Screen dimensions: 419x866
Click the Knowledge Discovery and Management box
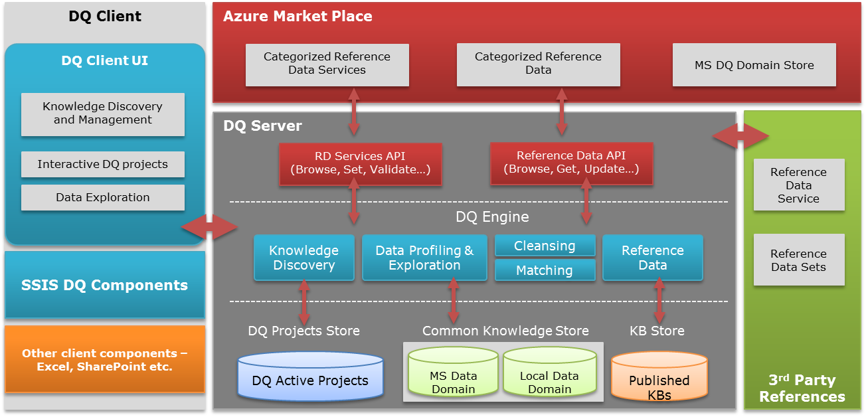click(x=102, y=114)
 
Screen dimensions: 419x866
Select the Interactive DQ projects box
click(x=102, y=164)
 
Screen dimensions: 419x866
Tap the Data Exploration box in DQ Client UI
click(x=102, y=197)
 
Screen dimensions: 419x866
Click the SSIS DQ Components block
click(x=105, y=285)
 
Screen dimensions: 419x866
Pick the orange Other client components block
click(x=105, y=359)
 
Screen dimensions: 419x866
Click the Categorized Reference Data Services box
click(x=327, y=64)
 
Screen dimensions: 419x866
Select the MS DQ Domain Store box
click(x=754, y=65)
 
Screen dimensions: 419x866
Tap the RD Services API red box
click(x=360, y=163)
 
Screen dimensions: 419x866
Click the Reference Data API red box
click(x=571, y=163)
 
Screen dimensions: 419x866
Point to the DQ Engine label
click(x=492, y=216)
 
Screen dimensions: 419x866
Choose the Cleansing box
click(x=545, y=246)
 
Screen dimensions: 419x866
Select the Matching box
click(x=545, y=270)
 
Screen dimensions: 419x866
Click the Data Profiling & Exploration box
click(x=424, y=258)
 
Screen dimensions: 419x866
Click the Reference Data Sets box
click(x=798, y=260)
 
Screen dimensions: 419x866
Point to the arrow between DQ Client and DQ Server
click(x=209, y=228)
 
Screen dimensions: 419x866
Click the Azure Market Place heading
click(x=298, y=17)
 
